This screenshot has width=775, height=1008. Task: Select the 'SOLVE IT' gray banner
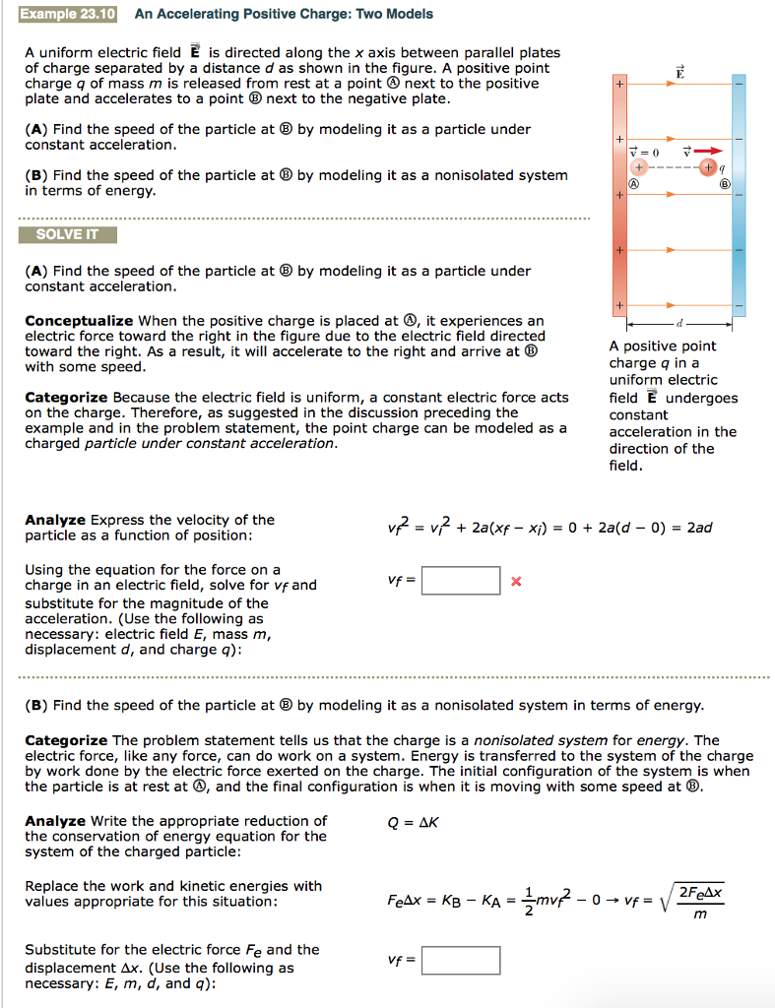click(x=67, y=235)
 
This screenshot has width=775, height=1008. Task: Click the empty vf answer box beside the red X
click(x=461, y=581)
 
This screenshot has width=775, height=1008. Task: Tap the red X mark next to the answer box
click(x=516, y=582)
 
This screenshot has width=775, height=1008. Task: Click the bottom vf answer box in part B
click(x=461, y=960)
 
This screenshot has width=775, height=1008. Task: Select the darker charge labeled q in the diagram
click(x=709, y=168)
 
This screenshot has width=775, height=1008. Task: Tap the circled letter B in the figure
click(x=726, y=184)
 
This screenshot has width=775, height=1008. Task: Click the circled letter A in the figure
click(x=636, y=184)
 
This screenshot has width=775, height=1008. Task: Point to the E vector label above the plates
click(x=678, y=72)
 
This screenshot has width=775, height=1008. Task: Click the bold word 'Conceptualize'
click(x=79, y=321)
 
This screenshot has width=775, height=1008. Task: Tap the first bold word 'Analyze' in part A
click(x=54, y=520)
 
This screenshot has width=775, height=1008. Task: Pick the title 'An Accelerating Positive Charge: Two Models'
click(x=284, y=14)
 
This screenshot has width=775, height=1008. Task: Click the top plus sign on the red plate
click(x=618, y=86)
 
